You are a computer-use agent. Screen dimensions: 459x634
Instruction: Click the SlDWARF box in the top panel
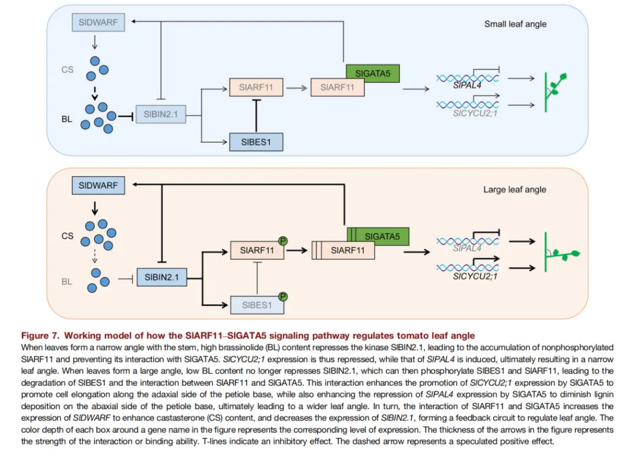click(98, 23)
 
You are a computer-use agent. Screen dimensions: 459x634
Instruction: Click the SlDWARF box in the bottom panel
click(98, 186)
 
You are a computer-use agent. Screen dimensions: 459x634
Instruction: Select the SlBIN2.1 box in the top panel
click(160, 114)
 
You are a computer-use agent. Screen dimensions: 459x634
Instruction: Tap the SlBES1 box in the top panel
click(255, 142)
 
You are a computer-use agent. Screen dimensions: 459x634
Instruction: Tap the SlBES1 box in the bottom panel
click(255, 304)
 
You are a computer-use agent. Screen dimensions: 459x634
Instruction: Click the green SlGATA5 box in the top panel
click(373, 73)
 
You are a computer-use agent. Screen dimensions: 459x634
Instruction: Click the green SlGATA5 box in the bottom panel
click(382, 236)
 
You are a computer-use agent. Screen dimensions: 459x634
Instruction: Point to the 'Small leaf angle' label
click(515, 24)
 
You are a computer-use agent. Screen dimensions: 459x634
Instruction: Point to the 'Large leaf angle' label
click(515, 189)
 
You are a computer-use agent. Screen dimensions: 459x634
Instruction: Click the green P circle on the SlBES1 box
click(283, 296)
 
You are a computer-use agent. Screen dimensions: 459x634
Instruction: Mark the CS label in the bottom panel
click(68, 236)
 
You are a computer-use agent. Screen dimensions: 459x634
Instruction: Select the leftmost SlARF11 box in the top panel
click(255, 88)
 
